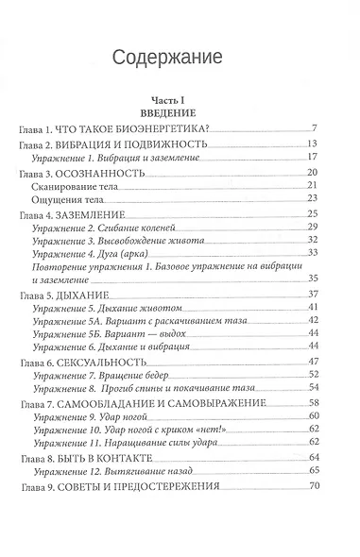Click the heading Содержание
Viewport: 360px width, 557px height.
[x=179, y=58]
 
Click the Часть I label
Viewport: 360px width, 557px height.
[x=179, y=99]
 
